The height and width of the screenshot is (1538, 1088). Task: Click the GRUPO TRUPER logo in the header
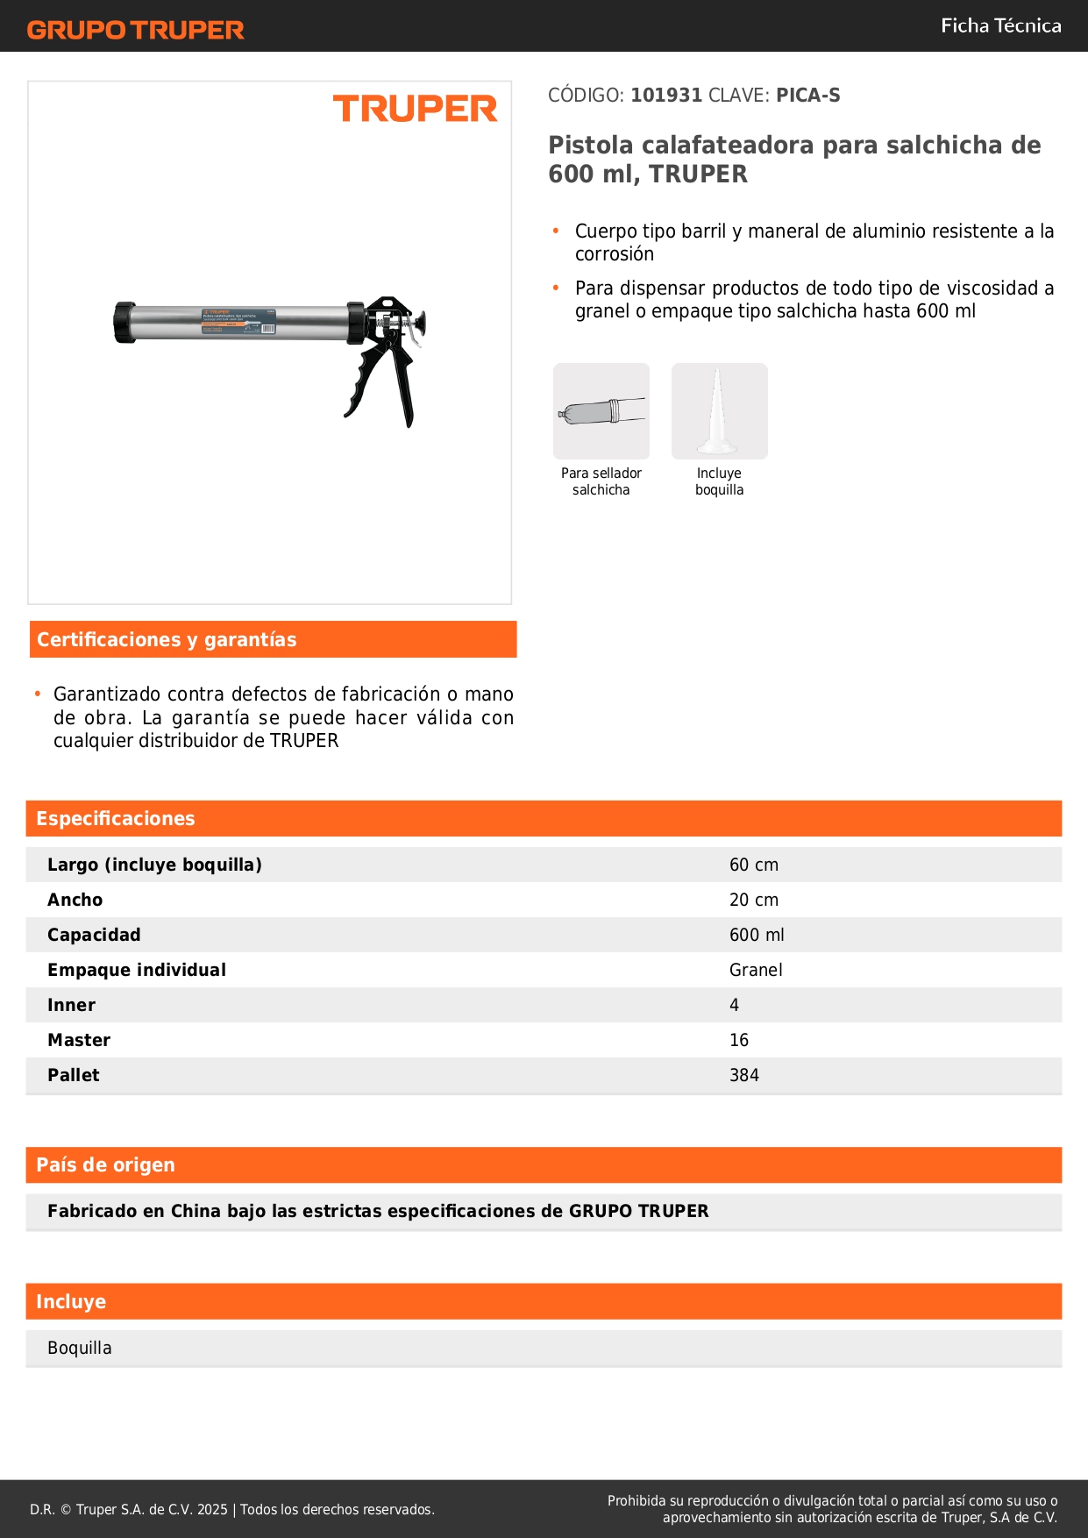point(136,30)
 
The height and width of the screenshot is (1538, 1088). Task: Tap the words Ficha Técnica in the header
point(1000,26)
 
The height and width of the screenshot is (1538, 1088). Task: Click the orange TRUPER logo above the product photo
point(415,109)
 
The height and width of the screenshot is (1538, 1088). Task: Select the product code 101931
point(666,96)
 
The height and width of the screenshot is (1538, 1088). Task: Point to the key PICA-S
point(807,96)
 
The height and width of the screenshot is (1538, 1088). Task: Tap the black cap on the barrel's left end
point(124,322)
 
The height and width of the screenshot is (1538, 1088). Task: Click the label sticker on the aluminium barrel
point(238,322)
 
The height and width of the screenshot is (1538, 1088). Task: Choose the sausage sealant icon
point(601,411)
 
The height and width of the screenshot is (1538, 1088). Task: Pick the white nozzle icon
point(719,411)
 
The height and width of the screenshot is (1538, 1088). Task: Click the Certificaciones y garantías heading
point(167,640)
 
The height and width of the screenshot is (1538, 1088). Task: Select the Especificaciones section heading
point(116,819)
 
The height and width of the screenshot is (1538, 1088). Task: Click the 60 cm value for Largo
point(754,865)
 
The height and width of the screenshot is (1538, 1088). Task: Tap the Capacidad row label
point(94,936)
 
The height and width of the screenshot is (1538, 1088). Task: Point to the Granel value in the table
point(756,971)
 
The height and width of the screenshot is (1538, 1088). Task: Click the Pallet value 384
point(744,1076)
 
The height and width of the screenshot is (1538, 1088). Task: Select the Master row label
point(79,1041)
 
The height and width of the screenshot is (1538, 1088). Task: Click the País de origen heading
point(105,1165)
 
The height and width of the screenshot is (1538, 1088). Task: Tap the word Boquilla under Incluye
point(80,1349)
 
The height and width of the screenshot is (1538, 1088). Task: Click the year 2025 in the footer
point(212,1510)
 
